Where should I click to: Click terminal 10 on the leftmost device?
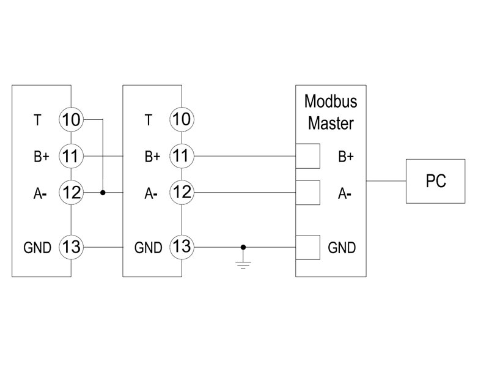click(x=71, y=119)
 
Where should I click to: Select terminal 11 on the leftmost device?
click(x=71, y=156)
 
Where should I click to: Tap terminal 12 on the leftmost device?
click(x=71, y=193)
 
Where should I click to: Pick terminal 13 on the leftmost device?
click(x=71, y=247)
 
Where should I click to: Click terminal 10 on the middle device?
click(x=182, y=119)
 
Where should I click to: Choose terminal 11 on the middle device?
click(x=182, y=156)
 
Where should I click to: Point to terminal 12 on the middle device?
click(x=182, y=193)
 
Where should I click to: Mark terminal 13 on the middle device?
click(x=182, y=247)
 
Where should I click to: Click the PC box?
click(x=435, y=181)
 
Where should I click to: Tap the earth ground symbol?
click(x=243, y=264)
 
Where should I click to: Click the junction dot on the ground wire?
click(x=243, y=247)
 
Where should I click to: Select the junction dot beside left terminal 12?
click(x=103, y=193)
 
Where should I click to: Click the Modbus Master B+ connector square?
click(x=307, y=156)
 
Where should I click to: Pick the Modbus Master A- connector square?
click(x=307, y=193)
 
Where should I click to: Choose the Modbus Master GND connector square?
click(x=307, y=247)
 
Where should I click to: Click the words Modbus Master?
click(x=331, y=112)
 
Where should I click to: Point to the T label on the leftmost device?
click(x=37, y=120)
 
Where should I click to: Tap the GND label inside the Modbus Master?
click(x=342, y=248)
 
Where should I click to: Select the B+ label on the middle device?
click(x=152, y=157)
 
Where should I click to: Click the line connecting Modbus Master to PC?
click(x=386, y=181)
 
